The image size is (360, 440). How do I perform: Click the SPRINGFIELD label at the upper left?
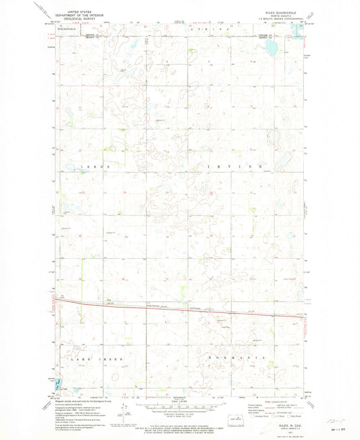[x=68, y=30]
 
